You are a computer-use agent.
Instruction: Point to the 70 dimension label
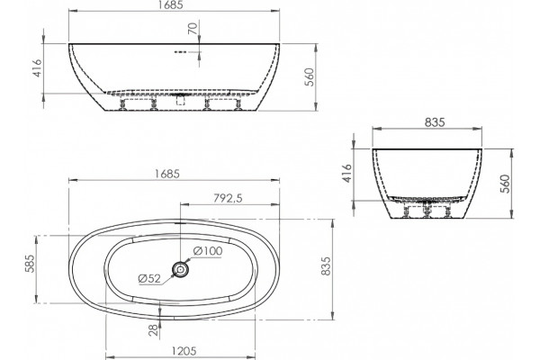(x=193, y=28)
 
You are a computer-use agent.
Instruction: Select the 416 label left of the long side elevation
(x=37, y=67)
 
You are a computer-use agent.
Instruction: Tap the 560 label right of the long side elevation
(x=310, y=76)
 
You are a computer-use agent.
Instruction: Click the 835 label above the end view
(x=435, y=122)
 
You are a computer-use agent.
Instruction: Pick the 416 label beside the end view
(x=347, y=174)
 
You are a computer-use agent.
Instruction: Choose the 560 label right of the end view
(x=504, y=184)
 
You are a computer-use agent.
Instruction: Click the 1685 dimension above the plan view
(x=166, y=174)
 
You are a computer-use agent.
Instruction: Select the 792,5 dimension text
(x=228, y=198)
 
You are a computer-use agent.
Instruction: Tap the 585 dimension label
(x=30, y=264)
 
